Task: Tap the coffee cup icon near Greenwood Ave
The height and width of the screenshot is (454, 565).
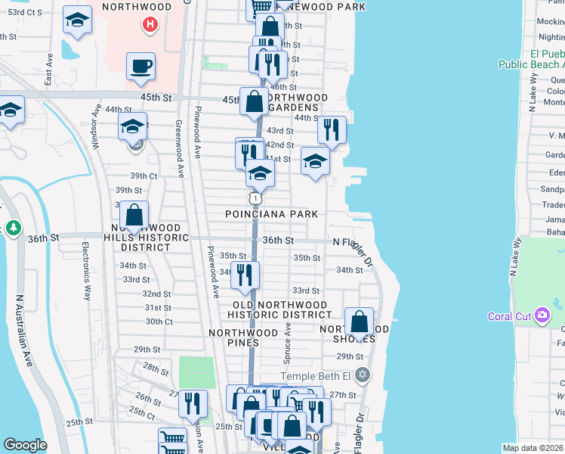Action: pos(140,67)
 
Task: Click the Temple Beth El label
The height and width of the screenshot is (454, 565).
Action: pos(316,376)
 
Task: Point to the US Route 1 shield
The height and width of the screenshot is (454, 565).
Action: pos(256,197)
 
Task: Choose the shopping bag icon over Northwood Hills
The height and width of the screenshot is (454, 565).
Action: pos(134,216)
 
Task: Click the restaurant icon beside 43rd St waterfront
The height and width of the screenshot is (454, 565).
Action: pos(332,131)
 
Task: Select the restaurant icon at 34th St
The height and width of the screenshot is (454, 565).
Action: pos(244,275)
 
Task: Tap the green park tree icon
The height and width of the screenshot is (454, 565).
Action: pos(12,228)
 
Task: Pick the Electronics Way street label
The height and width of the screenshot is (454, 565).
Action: pos(86,271)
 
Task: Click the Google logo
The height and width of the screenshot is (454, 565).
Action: pos(25,445)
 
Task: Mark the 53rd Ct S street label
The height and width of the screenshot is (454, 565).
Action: pos(21,12)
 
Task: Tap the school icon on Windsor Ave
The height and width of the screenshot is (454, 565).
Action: pos(133,126)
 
